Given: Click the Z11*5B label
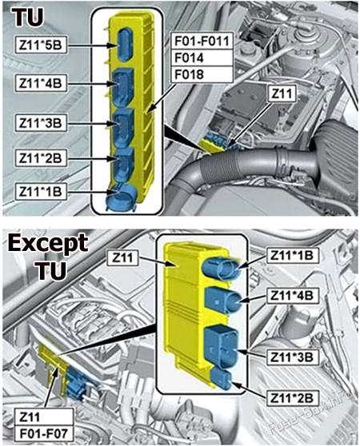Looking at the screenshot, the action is click(41, 46).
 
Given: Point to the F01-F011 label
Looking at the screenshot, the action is click(202, 42).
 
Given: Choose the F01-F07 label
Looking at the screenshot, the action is click(44, 434).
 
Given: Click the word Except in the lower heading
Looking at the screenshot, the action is click(48, 243).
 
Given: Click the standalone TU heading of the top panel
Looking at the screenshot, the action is click(28, 17).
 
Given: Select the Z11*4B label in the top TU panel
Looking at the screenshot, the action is click(41, 84).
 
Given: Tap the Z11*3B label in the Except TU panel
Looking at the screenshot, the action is click(292, 357).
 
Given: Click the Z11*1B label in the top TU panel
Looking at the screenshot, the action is click(41, 191).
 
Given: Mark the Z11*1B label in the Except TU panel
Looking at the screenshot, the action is click(293, 256).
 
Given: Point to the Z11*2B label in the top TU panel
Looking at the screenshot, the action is click(41, 158).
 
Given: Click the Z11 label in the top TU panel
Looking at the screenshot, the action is click(282, 94).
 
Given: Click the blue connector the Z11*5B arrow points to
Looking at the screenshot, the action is click(124, 44).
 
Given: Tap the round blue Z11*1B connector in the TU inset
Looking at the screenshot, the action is click(121, 197).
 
